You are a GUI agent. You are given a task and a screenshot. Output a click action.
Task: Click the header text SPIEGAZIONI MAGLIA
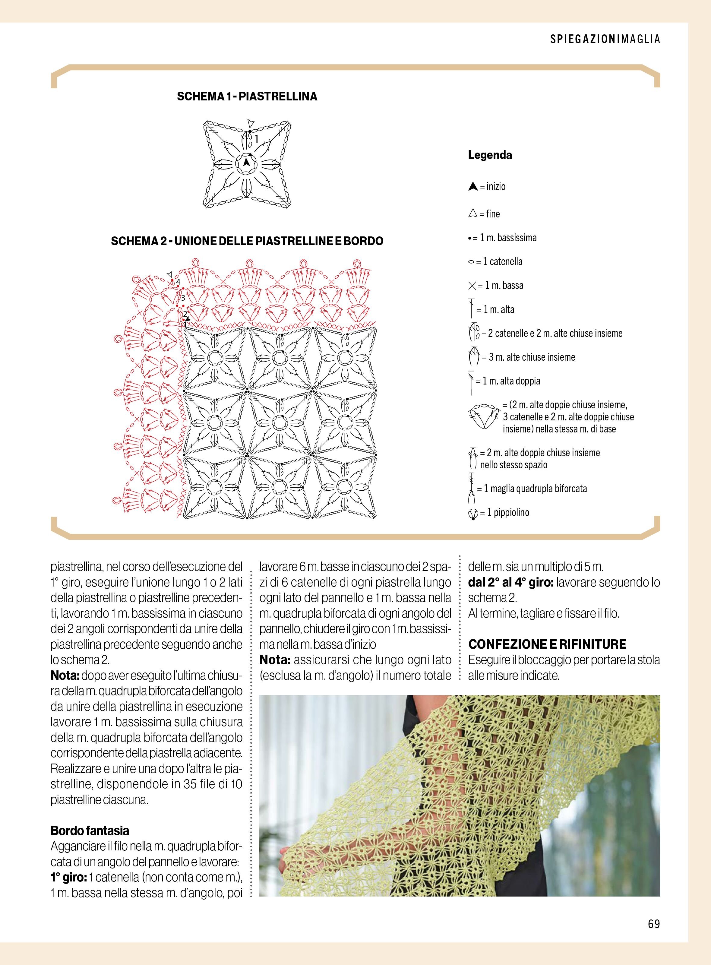click(605, 39)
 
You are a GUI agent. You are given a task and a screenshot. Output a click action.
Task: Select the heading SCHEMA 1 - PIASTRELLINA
click(247, 96)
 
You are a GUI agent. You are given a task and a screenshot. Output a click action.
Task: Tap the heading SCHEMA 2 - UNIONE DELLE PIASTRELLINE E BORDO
click(247, 241)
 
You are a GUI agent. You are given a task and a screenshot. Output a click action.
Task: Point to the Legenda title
click(490, 155)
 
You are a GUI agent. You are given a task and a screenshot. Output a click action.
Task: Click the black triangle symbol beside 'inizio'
click(472, 187)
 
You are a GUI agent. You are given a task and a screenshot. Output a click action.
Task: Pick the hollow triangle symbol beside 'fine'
click(472, 214)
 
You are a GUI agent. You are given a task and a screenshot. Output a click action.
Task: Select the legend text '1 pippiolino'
click(508, 513)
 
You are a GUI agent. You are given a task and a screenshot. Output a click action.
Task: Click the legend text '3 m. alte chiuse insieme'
click(532, 357)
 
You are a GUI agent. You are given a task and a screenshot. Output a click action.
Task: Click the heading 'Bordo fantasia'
click(90, 831)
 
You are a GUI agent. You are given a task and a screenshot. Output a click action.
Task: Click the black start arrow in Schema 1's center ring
click(246, 163)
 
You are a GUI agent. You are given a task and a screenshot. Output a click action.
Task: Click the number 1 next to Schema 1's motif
click(256, 139)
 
